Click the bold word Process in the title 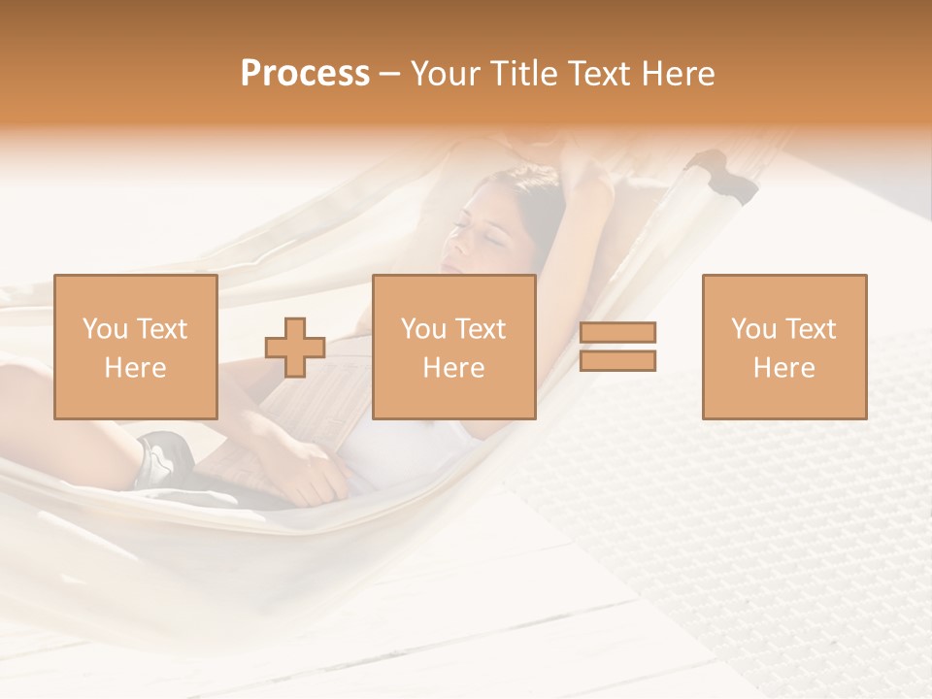click(305, 74)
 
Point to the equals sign click(617, 347)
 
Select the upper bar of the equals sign click(617, 333)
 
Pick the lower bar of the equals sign click(617, 360)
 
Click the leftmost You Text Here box click(136, 347)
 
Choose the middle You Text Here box click(454, 347)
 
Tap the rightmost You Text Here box click(784, 347)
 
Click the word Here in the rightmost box click(784, 368)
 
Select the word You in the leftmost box click(105, 329)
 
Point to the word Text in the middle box click(480, 329)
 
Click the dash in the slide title click(389, 74)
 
